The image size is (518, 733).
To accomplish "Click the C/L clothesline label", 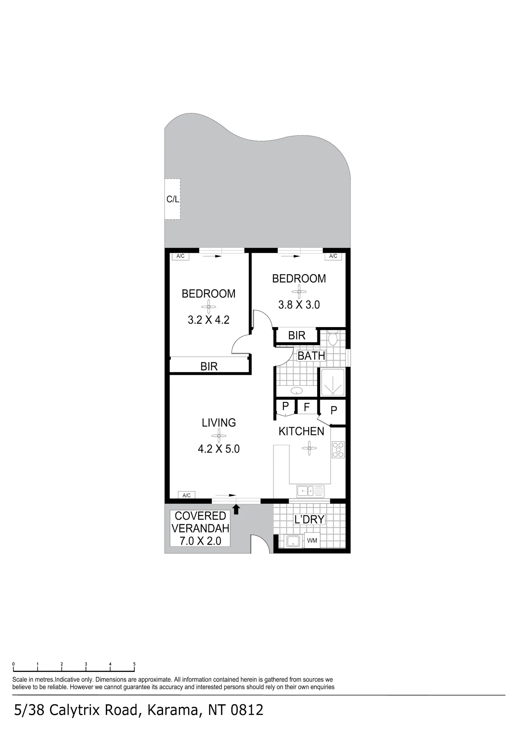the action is point(173,199).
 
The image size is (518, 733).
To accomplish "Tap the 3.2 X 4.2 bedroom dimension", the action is point(209,320).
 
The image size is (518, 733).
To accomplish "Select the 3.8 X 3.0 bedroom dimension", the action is point(299,305).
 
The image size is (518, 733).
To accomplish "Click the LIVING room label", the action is point(219,423).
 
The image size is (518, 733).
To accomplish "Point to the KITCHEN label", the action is point(301,431).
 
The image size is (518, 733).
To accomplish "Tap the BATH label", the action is point(311,356).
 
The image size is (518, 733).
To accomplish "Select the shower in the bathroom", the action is point(333,382).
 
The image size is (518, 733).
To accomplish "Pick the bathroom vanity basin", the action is point(296,391).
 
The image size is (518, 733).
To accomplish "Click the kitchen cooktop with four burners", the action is point(338,450).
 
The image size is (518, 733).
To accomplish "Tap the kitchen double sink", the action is point(310,491).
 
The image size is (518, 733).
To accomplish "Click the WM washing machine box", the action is point(312,541).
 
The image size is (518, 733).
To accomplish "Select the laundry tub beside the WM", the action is point(293,541).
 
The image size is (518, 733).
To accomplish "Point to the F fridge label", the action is point(307,407).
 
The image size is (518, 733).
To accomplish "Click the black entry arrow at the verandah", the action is point(236,510).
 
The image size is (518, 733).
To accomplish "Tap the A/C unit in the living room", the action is point(186,495).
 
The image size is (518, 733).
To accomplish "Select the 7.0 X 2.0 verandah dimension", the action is point(200,541).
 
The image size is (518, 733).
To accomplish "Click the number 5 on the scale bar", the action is point(134,664).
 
